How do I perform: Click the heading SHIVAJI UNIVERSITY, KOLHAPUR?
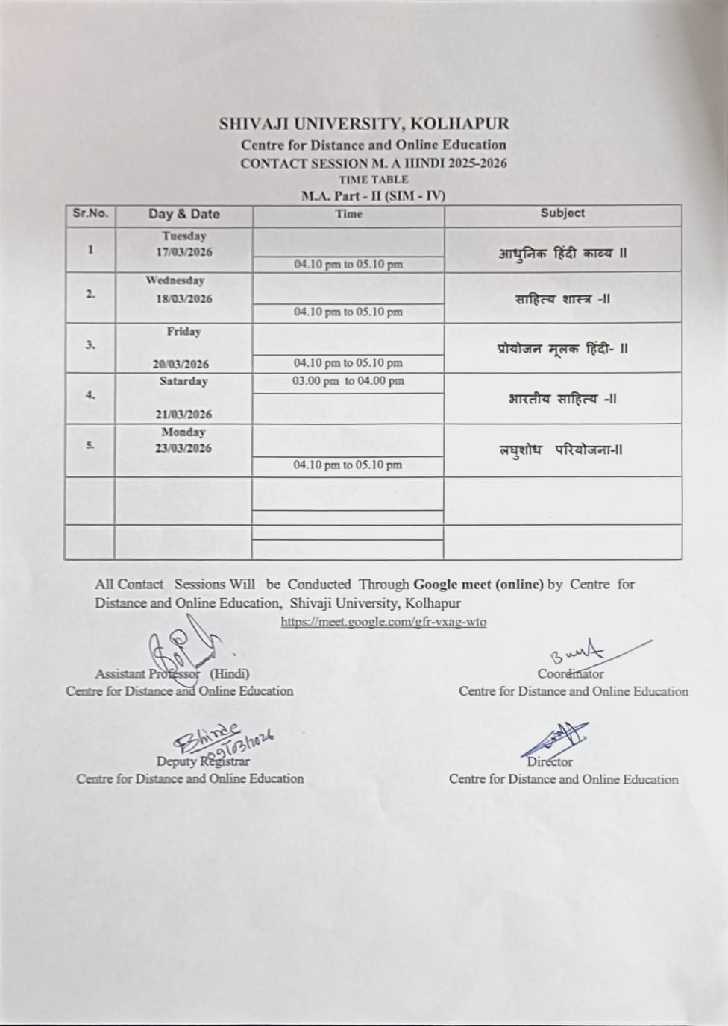coord(364,124)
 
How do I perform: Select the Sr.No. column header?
coord(90,213)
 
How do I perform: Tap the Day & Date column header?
coord(183,214)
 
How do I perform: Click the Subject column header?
coord(562,213)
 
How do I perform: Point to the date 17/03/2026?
coord(183,252)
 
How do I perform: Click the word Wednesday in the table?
coord(175,281)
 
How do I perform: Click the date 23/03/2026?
coord(183,448)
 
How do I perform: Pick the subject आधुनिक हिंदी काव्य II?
coord(562,253)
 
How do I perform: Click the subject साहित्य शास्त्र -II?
coord(562,299)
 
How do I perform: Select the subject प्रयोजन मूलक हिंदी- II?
coord(562,348)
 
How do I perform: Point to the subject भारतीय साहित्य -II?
coord(562,399)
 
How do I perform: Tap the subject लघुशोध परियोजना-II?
coord(561,450)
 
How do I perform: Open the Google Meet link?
coord(383,621)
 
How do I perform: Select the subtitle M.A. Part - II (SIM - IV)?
coord(373,196)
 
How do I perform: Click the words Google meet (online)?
coord(478,585)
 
